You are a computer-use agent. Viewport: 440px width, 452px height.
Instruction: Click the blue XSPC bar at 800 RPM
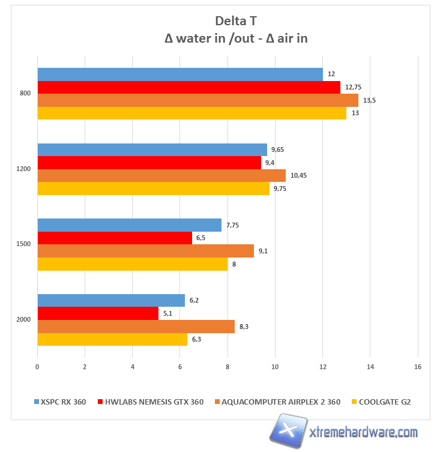(x=180, y=74)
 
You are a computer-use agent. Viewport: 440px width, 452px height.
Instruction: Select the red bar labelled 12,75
(x=188, y=87)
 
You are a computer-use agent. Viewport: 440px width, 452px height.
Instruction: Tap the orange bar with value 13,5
(x=197, y=100)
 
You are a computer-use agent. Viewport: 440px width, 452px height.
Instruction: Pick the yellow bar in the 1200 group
(x=153, y=188)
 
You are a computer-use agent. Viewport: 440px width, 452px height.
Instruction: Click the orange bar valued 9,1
(x=145, y=251)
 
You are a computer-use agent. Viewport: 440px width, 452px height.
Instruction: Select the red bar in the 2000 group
(x=98, y=313)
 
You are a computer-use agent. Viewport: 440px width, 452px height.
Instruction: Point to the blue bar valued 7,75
(x=129, y=225)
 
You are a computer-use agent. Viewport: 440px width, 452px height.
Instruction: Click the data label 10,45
(x=298, y=175)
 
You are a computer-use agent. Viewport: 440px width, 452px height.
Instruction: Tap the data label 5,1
(x=167, y=313)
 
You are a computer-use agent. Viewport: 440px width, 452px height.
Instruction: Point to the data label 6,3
(x=196, y=340)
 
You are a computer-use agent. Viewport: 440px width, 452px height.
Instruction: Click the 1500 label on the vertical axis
(x=23, y=244)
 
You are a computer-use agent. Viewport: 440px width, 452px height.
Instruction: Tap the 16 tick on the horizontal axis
(x=418, y=366)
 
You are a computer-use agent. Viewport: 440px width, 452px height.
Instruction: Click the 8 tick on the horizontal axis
(x=228, y=366)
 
